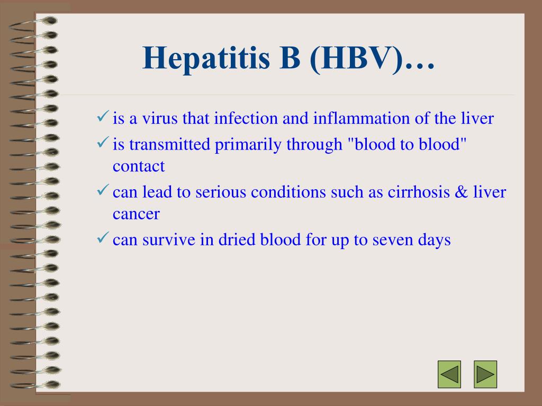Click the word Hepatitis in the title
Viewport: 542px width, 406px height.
coord(206,59)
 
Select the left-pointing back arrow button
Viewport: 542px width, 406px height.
coord(449,374)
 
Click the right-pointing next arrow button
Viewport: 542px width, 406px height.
coord(485,374)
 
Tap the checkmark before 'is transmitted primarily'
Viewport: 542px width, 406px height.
coord(103,142)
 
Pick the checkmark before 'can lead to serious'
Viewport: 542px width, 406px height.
coord(103,190)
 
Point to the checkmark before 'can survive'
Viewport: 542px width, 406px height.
coord(103,237)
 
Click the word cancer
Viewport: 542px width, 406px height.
coord(136,214)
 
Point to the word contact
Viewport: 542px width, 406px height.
coord(139,166)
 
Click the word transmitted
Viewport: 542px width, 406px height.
coord(170,144)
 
